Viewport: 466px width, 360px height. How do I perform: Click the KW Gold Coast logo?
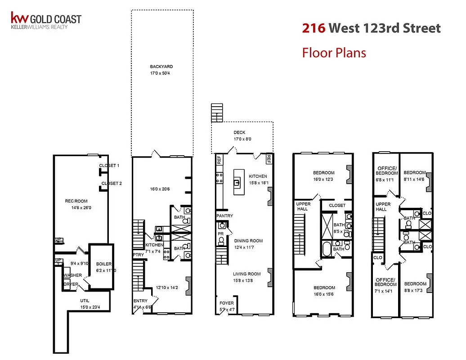pyautogui.click(x=46, y=21)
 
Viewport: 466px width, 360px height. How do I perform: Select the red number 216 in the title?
pyautogui.click(x=314, y=28)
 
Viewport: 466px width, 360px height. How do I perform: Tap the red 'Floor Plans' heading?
pyautogui.click(x=334, y=53)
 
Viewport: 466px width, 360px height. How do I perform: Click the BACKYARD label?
pyautogui.click(x=161, y=67)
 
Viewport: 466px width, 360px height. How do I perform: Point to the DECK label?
pyautogui.click(x=239, y=133)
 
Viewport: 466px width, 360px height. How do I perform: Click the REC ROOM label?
pyautogui.click(x=76, y=201)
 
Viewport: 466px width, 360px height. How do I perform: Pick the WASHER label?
pyautogui.click(x=72, y=275)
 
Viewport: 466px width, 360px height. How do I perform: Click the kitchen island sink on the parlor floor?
pyautogui.click(x=236, y=182)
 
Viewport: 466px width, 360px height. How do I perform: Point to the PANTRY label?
pyautogui.click(x=224, y=216)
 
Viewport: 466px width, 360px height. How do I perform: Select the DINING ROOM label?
pyautogui.click(x=248, y=241)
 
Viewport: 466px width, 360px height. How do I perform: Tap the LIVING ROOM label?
pyautogui.click(x=246, y=274)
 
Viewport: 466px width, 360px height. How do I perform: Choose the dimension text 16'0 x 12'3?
pyautogui.click(x=324, y=179)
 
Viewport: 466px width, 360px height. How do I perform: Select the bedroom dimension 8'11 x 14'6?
pyautogui.click(x=414, y=179)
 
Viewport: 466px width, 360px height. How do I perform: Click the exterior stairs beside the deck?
pyautogui.click(x=217, y=112)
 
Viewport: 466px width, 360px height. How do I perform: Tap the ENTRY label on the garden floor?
pyautogui.click(x=140, y=301)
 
